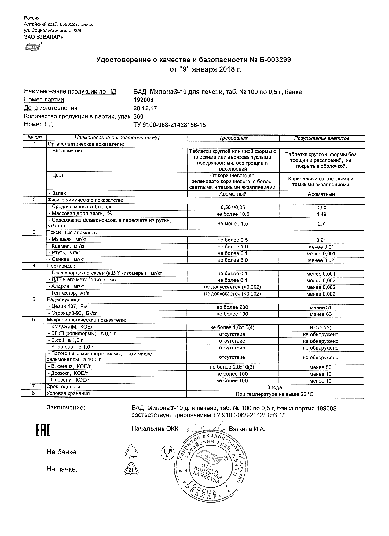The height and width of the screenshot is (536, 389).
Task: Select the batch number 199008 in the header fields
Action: [144, 100]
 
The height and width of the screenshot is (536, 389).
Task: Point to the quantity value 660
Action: [138, 116]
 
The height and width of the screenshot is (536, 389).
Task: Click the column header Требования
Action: [233, 138]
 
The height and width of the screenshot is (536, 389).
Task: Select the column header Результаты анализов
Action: [321, 138]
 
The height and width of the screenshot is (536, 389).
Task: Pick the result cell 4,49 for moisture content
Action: [321, 214]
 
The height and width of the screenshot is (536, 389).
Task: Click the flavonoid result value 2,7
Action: [321, 224]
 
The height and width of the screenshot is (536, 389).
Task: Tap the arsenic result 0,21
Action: [321, 240]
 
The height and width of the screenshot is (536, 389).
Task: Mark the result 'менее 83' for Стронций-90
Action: [321, 314]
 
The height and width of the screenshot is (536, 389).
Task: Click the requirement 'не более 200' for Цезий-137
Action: [233, 307]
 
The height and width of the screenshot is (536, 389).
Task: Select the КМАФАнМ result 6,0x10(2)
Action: [321, 328]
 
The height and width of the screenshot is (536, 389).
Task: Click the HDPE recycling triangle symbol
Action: [131, 452]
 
